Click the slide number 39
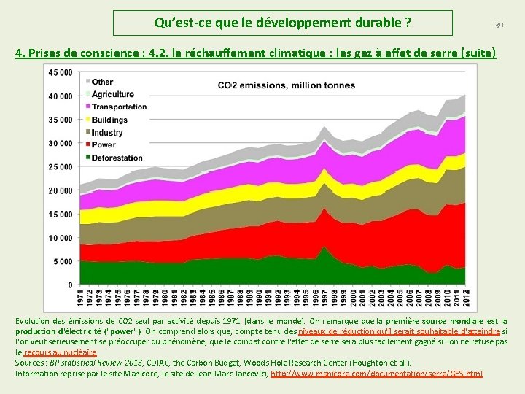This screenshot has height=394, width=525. point(499,26)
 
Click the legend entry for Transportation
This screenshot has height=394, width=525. point(117,107)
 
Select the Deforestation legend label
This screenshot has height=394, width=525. point(114,158)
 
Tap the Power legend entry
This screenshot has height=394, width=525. point(101,144)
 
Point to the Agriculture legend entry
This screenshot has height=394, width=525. point(110,94)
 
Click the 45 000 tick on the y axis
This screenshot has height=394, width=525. point(61,72)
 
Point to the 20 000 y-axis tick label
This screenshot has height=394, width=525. point(61,190)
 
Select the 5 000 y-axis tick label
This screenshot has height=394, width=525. point(63,261)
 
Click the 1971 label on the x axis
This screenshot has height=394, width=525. point(80,298)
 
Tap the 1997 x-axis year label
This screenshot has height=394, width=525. point(324,298)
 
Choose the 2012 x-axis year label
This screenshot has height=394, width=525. point(467,298)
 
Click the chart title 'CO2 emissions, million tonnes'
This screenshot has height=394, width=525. point(287,85)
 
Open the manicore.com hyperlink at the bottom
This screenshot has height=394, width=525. point(376,374)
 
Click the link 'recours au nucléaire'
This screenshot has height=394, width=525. point(61,352)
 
